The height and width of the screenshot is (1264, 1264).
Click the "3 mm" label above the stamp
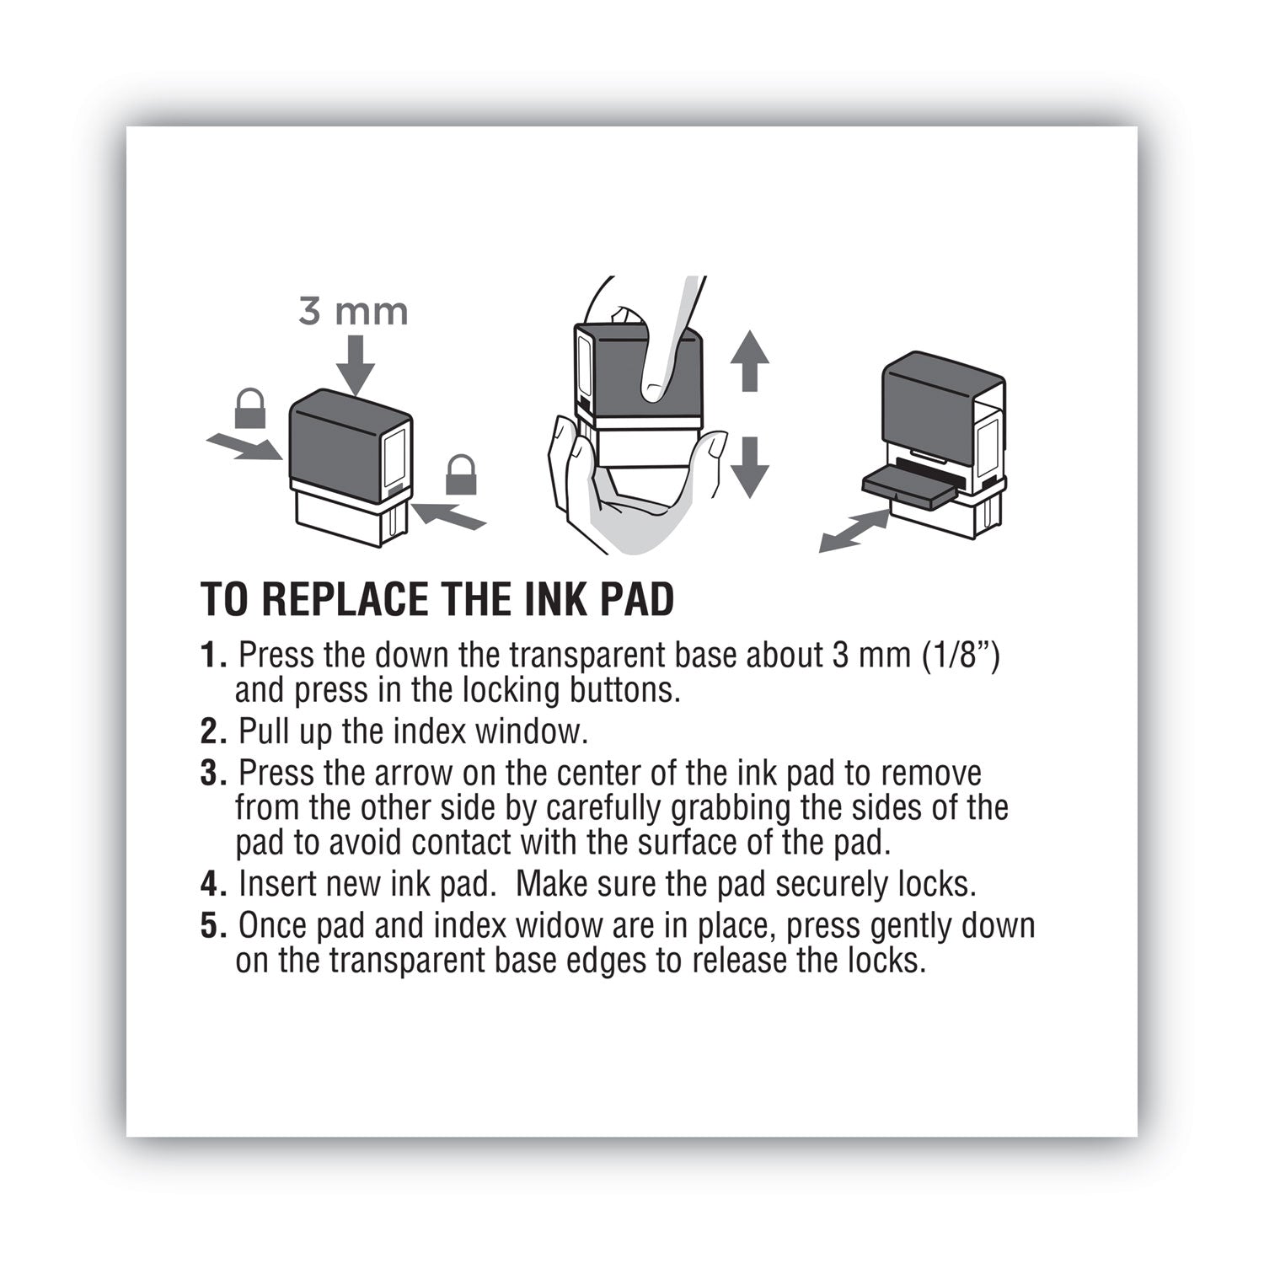point(353,313)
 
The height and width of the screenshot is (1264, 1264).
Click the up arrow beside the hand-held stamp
point(749,360)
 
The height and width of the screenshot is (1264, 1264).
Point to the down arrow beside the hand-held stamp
point(749,466)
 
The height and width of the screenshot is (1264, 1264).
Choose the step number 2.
point(211,731)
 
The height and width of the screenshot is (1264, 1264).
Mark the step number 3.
point(211,773)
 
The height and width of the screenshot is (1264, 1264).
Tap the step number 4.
point(211,884)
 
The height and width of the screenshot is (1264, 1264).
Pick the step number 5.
point(211,925)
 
